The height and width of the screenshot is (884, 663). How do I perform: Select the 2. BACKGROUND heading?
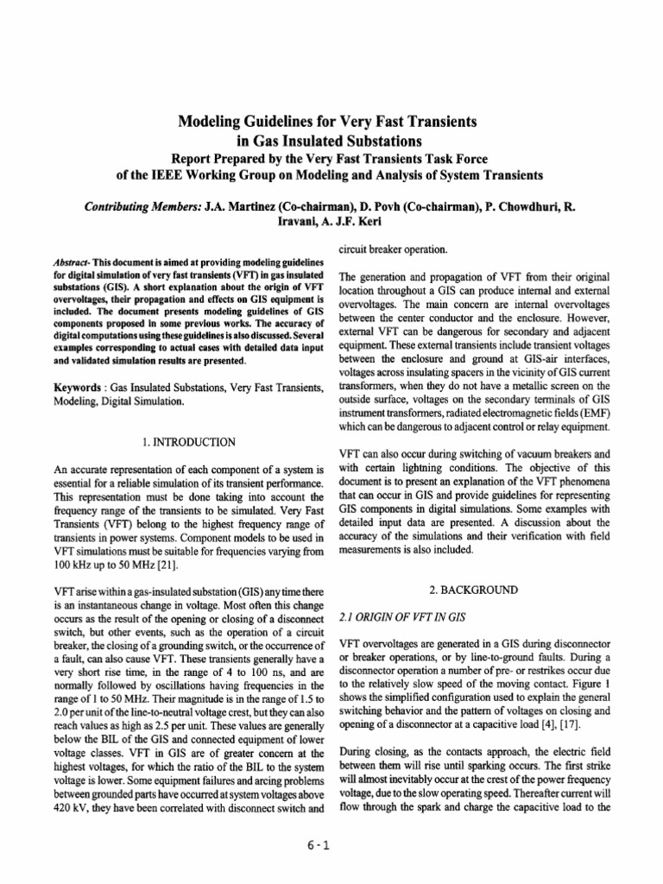pos(468,590)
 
